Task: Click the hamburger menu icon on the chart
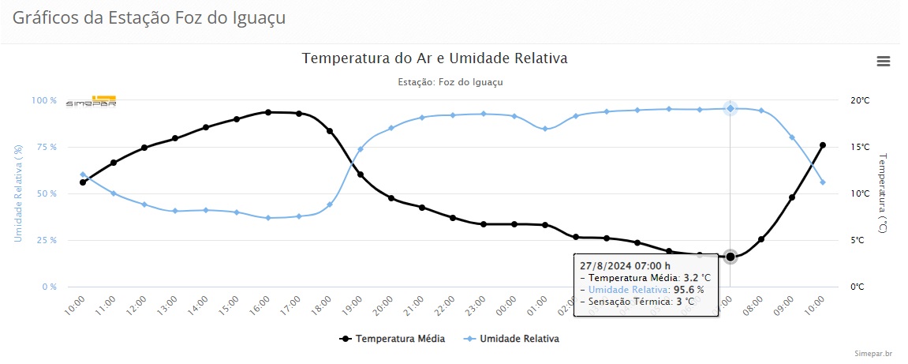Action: click(883, 62)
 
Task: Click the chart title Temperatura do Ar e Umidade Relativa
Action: click(435, 58)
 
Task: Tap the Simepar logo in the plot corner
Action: click(91, 102)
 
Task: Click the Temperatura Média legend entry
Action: click(393, 339)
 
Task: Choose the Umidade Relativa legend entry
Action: click(514, 339)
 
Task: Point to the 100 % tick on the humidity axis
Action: click(44, 101)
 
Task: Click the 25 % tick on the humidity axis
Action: click(46, 241)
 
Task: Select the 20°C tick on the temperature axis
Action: click(859, 101)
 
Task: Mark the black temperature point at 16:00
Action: click(268, 112)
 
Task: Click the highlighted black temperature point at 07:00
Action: click(731, 257)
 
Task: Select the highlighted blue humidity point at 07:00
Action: click(731, 108)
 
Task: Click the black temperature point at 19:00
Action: click(361, 174)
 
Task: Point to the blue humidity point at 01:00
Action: click(545, 129)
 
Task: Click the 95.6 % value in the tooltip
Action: click(689, 290)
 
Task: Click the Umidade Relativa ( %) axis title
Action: click(17, 193)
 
